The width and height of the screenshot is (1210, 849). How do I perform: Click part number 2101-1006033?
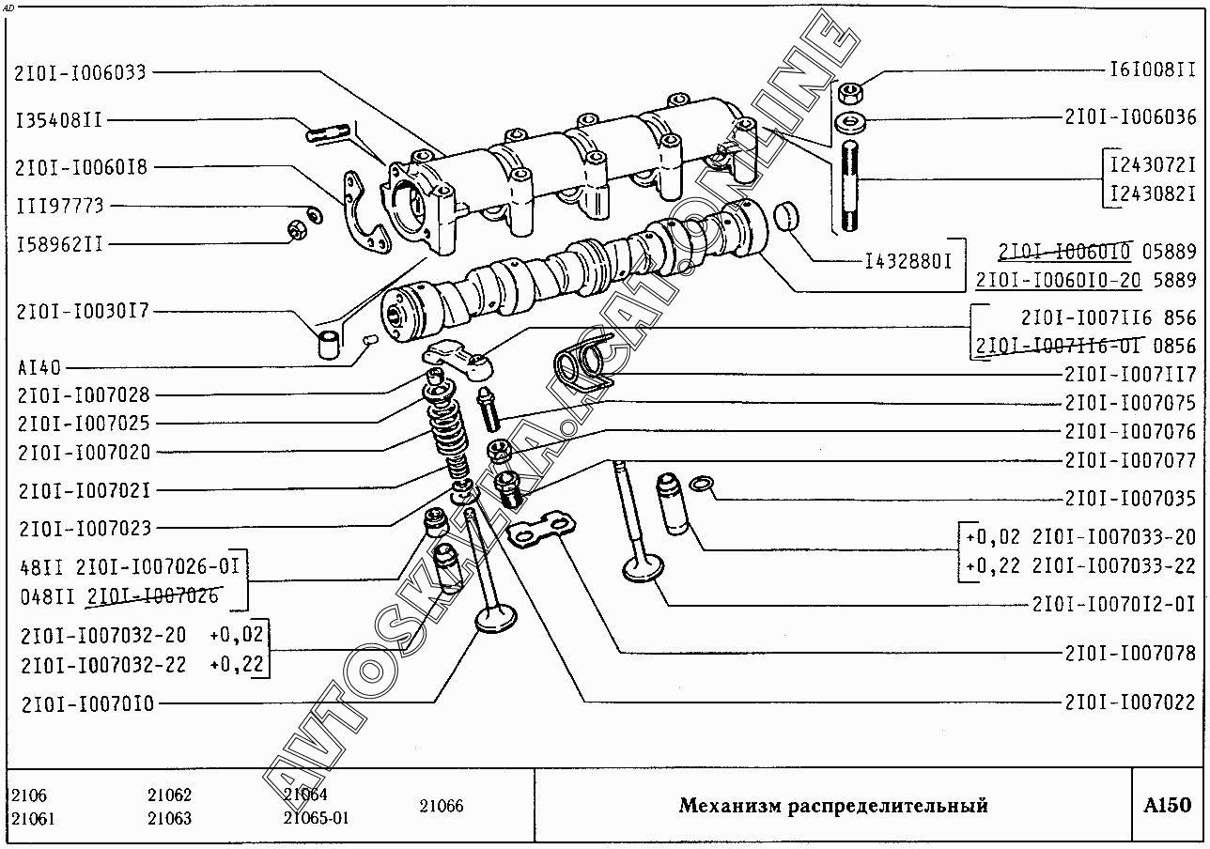pos(81,72)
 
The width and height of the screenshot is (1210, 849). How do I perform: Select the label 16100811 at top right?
pos(1153,70)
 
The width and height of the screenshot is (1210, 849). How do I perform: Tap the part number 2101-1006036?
pos(1131,117)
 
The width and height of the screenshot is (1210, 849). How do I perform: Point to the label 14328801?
pos(908,260)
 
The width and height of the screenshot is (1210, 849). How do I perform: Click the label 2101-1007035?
pos(1131,499)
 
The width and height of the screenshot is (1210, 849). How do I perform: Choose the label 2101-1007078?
pos(1131,653)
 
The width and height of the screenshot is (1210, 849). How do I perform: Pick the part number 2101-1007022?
pos(1131,702)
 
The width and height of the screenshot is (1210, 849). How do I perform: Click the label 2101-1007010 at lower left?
pos(86,702)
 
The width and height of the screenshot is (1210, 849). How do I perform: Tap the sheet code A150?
pos(1167,805)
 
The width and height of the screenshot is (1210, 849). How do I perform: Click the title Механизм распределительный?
pos(833,806)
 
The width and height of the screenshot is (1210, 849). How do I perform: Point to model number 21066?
pos(441,806)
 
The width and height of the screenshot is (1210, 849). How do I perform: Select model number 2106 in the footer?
pos(29,795)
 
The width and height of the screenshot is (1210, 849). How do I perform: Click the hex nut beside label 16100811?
pos(851,93)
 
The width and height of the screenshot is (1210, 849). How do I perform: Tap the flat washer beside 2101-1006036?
pos(852,122)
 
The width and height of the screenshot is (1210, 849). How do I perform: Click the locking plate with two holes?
pos(542,529)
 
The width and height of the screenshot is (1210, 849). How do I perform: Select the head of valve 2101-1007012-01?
pos(644,567)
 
